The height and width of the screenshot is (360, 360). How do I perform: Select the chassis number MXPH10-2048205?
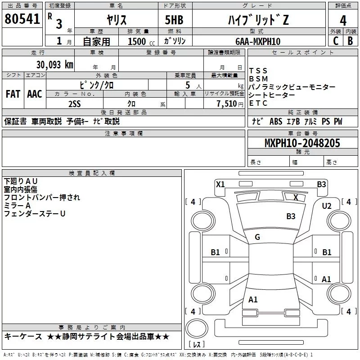point(302,143)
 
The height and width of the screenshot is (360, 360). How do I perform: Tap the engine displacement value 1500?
point(137,42)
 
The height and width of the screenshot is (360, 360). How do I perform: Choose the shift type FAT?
point(13,94)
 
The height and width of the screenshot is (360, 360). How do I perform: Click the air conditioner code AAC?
point(34,94)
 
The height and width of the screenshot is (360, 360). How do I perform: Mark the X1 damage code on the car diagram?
point(220,184)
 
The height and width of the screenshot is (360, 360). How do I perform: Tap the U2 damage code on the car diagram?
point(327,206)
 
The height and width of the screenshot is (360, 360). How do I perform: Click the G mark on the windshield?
point(257,237)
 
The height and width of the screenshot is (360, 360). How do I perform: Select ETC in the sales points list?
point(258,103)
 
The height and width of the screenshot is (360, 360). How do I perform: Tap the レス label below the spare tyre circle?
point(196,345)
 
